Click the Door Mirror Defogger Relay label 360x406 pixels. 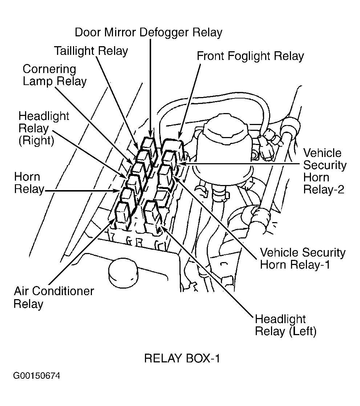[149, 33]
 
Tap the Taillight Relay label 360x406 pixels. [91, 51]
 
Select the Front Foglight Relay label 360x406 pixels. [250, 56]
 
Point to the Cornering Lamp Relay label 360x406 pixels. [54, 75]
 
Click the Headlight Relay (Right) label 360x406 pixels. [44, 128]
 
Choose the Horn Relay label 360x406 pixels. [29, 183]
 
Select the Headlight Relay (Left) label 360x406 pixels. [286, 325]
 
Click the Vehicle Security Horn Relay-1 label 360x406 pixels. [303, 258]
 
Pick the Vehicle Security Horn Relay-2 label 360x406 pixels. [324, 171]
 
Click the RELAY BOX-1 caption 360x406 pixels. [182, 359]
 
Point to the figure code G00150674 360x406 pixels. [36, 376]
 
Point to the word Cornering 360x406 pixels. [49, 70]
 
